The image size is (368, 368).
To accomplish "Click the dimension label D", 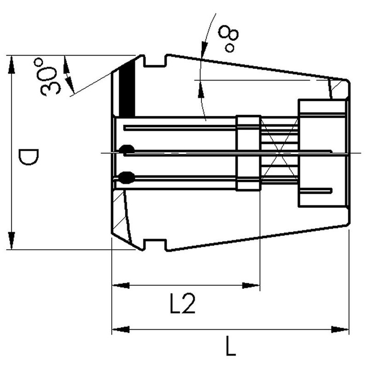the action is click(29, 157).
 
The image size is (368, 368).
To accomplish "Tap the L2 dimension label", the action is click(182, 303).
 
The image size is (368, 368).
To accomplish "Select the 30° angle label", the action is click(49, 77).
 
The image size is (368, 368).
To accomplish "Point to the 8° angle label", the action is click(229, 38).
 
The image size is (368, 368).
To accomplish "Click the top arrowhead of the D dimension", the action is click(11, 65).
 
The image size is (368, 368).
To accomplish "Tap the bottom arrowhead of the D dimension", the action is click(11, 241).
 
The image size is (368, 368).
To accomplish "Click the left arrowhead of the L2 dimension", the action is click(121, 285).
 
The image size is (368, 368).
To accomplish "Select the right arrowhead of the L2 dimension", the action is click(251, 285).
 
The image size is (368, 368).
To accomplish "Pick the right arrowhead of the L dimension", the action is click(340, 329).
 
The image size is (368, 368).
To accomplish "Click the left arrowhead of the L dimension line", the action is click(121, 329).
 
